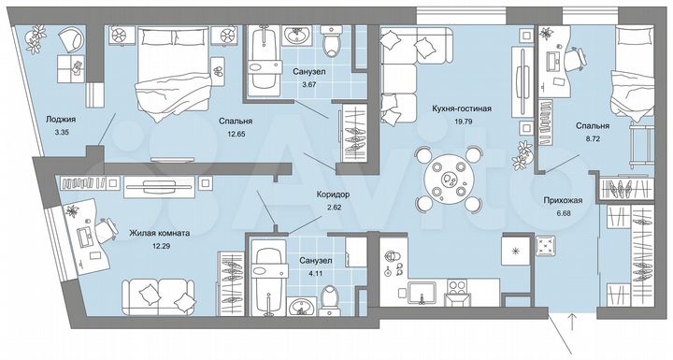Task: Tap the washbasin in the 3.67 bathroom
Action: coord(297,36)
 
